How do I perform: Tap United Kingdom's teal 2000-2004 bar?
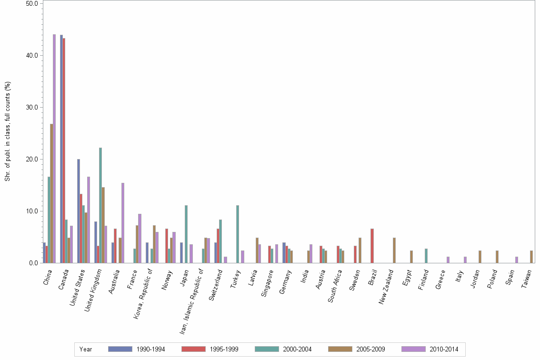100,205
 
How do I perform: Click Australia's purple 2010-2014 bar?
123,223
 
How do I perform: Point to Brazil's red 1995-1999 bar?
372,246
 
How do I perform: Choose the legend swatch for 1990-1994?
120,349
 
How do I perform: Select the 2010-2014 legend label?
444,350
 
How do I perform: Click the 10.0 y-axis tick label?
31,211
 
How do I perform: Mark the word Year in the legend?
86,350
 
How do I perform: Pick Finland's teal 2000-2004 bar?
426,256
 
